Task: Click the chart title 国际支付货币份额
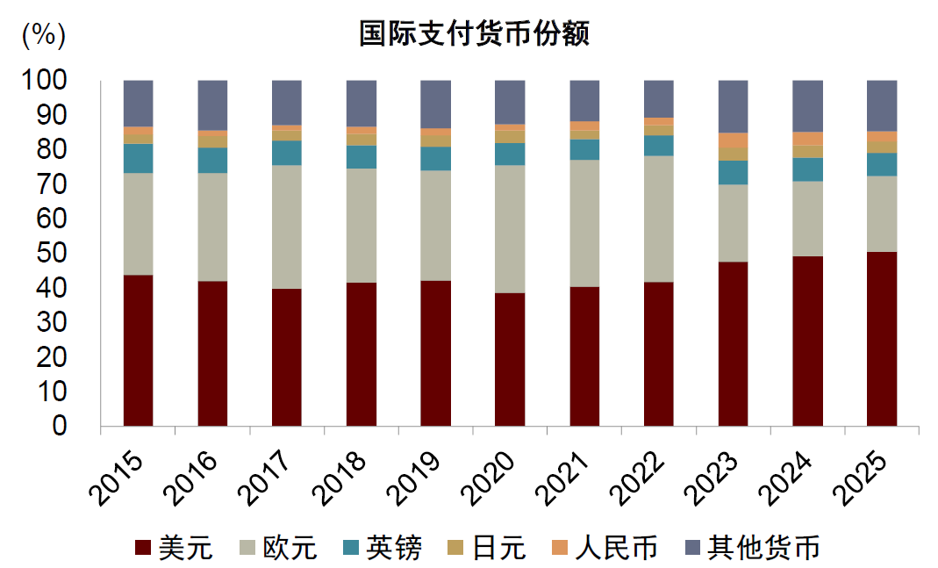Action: (x=475, y=33)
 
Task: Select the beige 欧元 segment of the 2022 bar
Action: (x=659, y=219)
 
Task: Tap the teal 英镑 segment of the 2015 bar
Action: (x=138, y=158)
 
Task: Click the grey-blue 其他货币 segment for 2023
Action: (x=734, y=106)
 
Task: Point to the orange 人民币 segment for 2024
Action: (x=807, y=138)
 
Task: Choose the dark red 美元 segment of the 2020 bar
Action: (x=510, y=359)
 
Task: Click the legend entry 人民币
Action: (x=605, y=548)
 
